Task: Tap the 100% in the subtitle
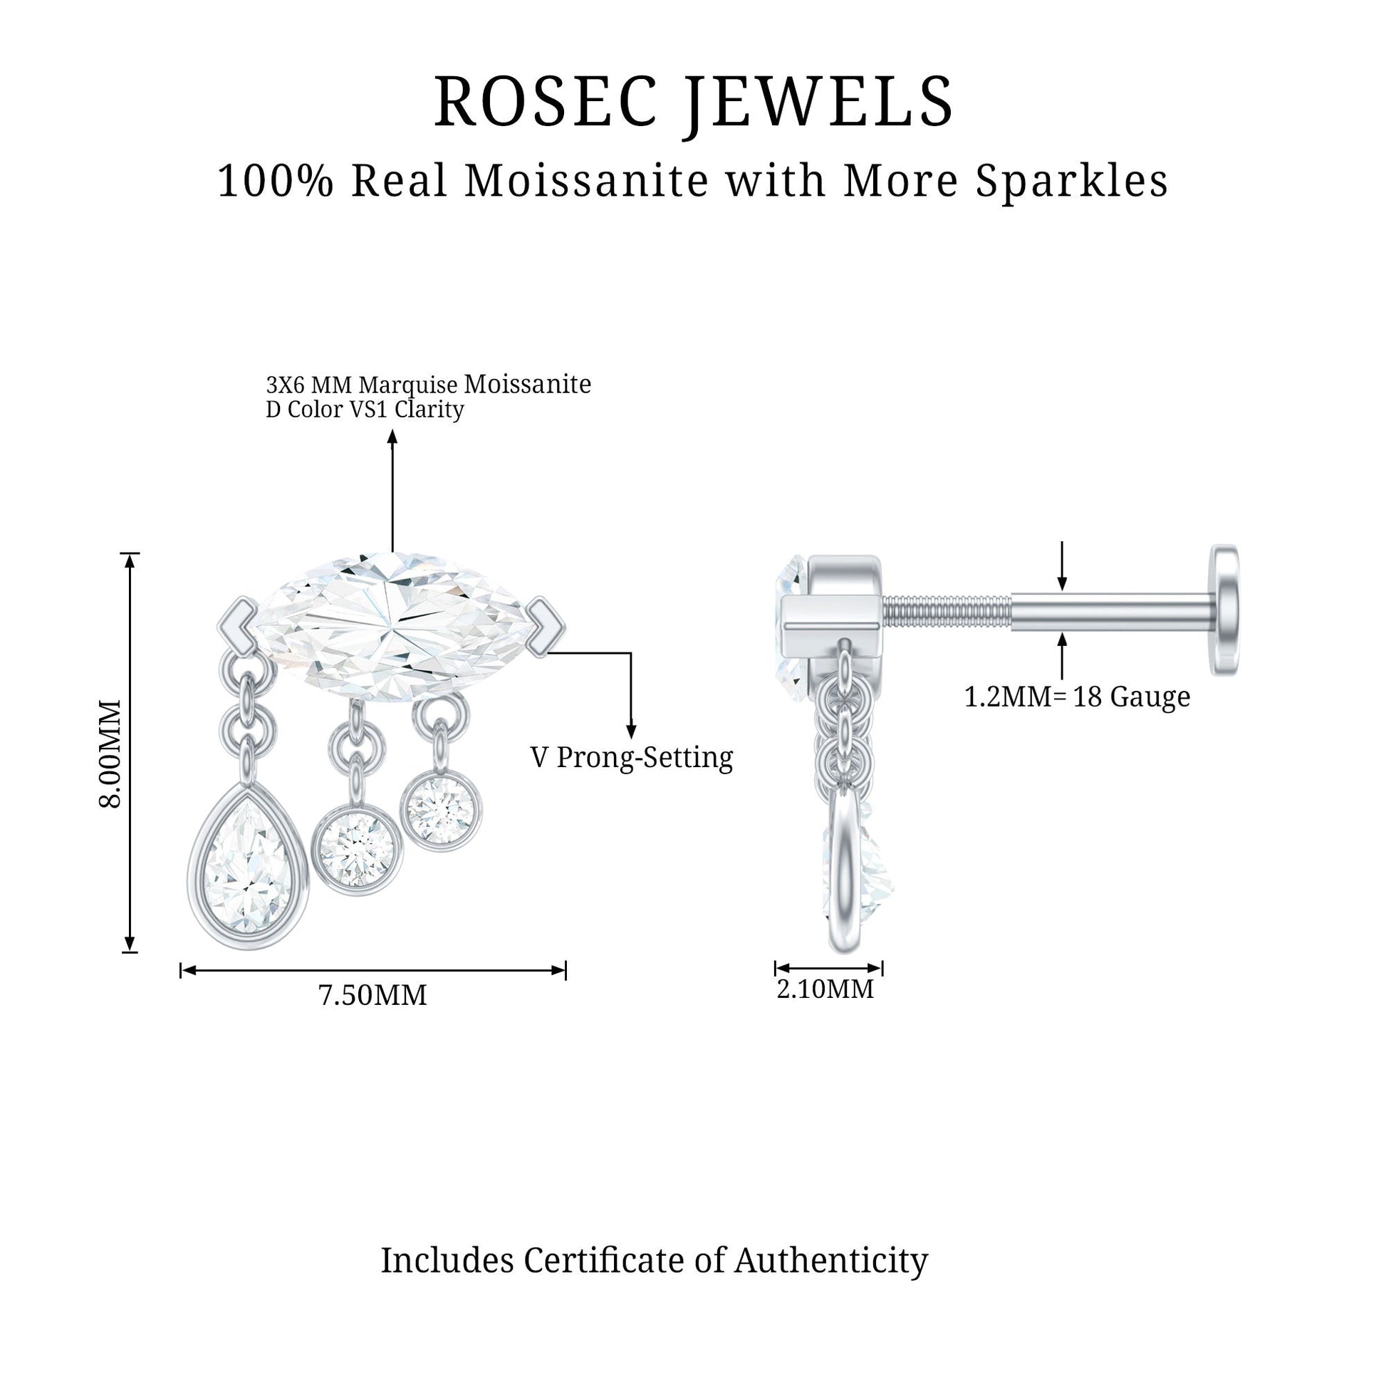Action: pos(276,181)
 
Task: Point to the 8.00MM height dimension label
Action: pos(111,754)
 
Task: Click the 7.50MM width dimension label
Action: pos(372,995)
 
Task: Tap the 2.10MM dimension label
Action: pos(825,989)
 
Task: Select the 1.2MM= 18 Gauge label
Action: pos(1077,697)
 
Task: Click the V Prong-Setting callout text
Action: pos(632,758)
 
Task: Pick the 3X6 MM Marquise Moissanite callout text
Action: pos(428,385)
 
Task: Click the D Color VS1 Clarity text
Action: pos(365,410)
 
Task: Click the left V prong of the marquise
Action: pos(237,623)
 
